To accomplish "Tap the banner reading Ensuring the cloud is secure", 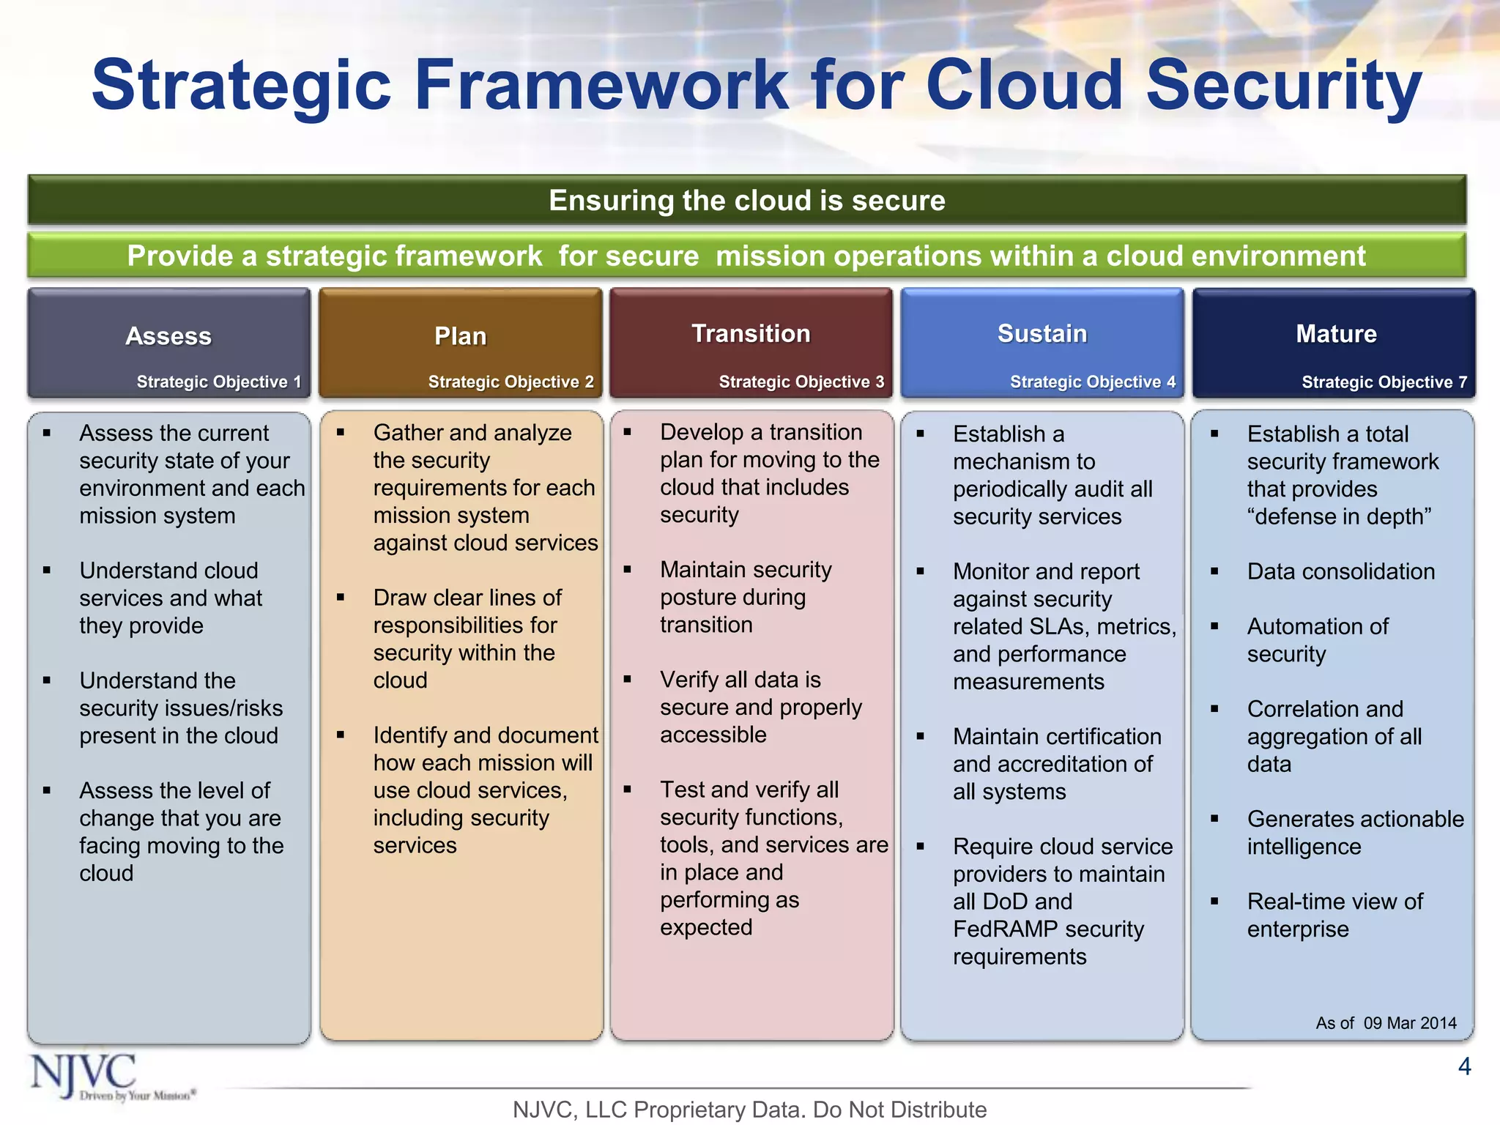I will tap(747, 200).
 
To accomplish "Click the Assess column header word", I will tap(168, 336).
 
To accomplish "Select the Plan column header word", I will tap(460, 336).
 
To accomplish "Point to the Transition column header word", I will tap(751, 334).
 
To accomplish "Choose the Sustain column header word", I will tap(1042, 334).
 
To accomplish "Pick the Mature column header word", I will tap(1336, 334).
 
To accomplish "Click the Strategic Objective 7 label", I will tap(1384, 382).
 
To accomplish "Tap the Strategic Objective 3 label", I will tap(801, 382).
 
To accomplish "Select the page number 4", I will tap(1464, 1066).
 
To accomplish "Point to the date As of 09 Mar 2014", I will tap(1386, 1023).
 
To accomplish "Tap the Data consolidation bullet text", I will tap(1340, 571).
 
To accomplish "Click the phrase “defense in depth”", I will tap(1339, 517).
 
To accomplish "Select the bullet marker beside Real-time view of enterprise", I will tap(1214, 902).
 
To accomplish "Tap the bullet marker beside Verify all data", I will tap(628, 680).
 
